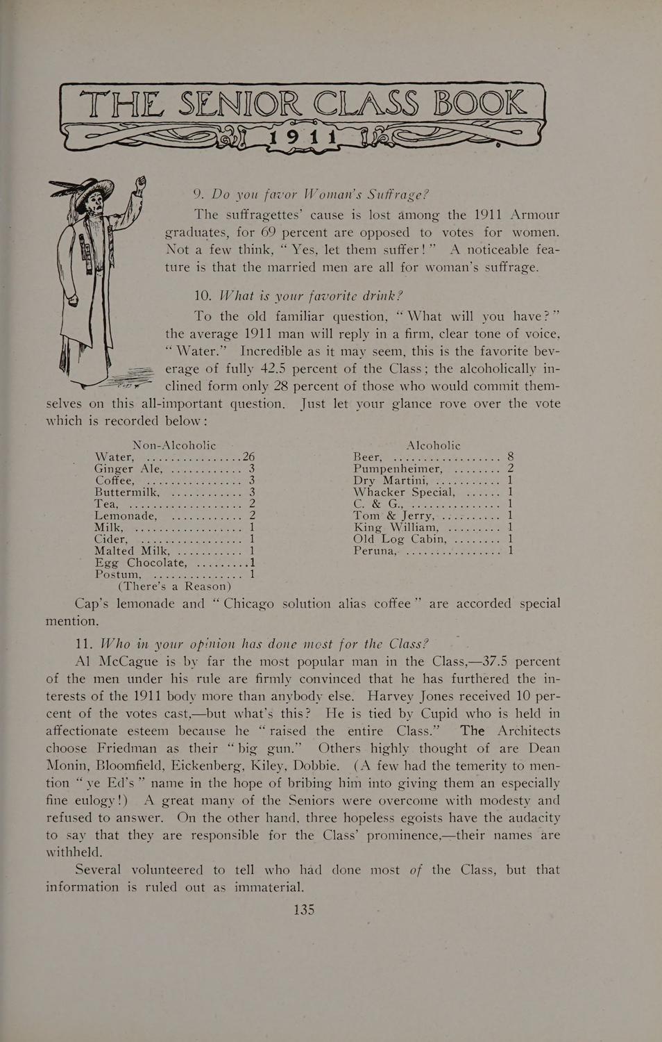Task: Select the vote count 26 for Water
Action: (x=249, y=457)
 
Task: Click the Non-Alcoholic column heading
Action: (x=174, y=445)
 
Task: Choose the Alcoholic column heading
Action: (x=433, y=445)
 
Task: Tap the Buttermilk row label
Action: (x=128, y=492)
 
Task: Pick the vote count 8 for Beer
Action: (x=510, y=457)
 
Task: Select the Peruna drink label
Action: (x=375, y=551)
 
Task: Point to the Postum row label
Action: (x=118, y=574)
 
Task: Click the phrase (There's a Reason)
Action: (x=174, y=586)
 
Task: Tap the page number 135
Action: (x=304, y=909)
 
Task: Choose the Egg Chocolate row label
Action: (x=141, y=563)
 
